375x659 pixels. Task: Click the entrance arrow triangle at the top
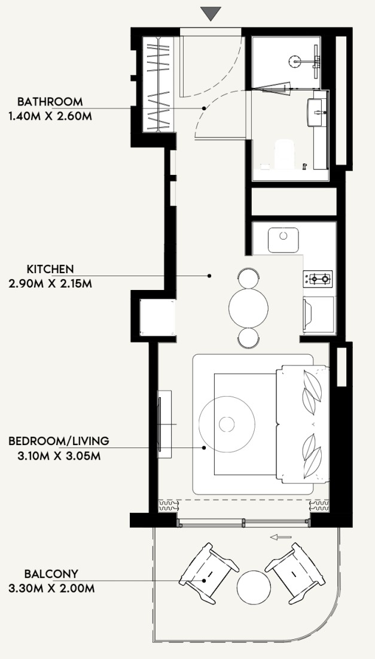tap(211, 13)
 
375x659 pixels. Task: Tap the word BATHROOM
tap(50, 102)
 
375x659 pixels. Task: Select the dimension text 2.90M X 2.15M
tap(50, 284)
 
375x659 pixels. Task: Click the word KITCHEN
tap(50, 269)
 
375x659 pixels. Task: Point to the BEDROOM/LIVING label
tap(59, 441)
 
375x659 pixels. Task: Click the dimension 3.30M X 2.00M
tap(51, 588)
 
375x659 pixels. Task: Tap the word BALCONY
tap(51, 574)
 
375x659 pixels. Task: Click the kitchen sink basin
tap(283, 240)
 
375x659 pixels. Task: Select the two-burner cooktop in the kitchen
tap(318, 279)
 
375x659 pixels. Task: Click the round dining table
tap(248, 308)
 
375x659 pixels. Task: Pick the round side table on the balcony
tap(254, 588)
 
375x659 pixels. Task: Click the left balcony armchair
tap(209, 573)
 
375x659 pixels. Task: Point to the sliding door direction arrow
tap(281, 537)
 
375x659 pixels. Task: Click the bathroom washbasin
tap(317, 112)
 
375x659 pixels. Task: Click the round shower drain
tap(295, 61)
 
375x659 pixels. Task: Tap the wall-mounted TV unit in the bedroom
tap(164, 424)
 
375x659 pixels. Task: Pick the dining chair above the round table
tap(248, 279)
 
